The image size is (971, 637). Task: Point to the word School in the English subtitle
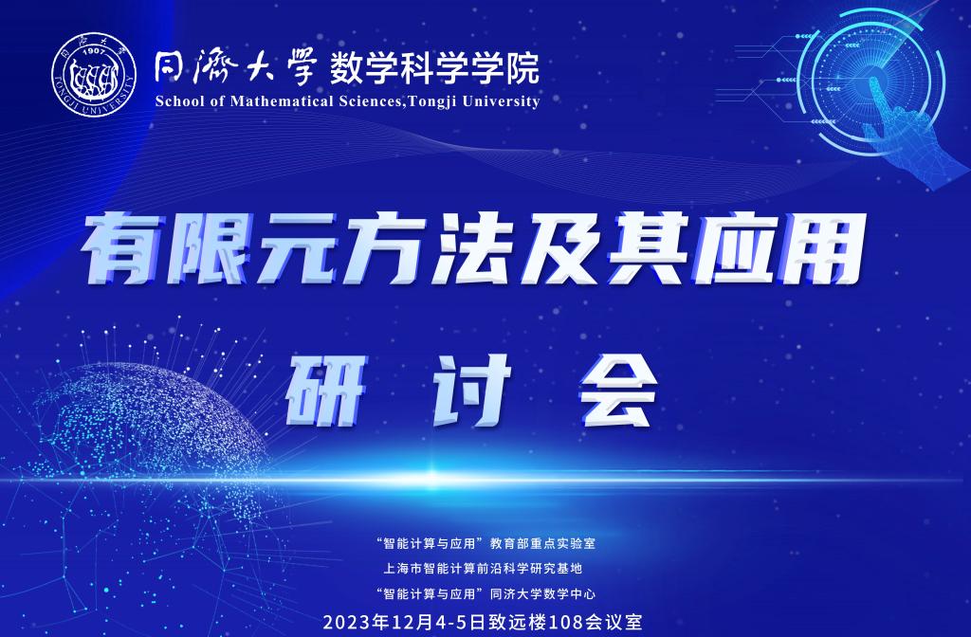pyautogui.click(x=176, y=101)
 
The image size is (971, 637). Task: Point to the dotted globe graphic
pyautogui.click(x=142, y=436)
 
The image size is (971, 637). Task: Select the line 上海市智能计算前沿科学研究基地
pyautogui.click(x=485, y=569)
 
